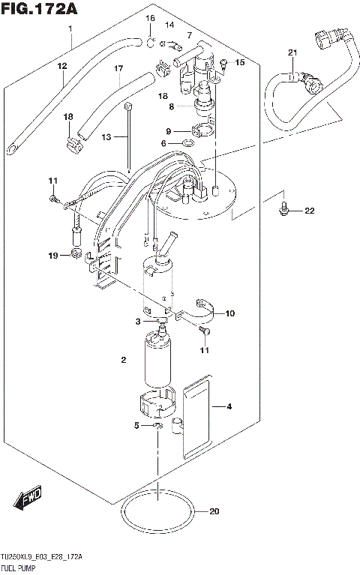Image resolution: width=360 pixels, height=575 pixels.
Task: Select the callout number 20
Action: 215,513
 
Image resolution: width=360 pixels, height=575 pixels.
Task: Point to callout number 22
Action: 310,211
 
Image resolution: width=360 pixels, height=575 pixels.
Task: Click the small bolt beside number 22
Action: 283,208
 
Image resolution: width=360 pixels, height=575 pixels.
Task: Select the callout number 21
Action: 292,52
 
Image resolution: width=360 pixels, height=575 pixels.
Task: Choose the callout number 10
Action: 229,313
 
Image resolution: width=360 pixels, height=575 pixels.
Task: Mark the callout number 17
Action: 118,69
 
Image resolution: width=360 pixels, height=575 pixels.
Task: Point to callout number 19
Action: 53,256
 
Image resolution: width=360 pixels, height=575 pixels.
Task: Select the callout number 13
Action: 106,137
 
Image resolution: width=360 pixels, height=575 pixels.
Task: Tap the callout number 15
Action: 240,62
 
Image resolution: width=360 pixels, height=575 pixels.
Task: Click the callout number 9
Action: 169,130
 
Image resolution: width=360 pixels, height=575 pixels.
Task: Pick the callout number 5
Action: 136,426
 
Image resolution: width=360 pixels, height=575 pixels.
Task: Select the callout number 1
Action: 70,28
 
